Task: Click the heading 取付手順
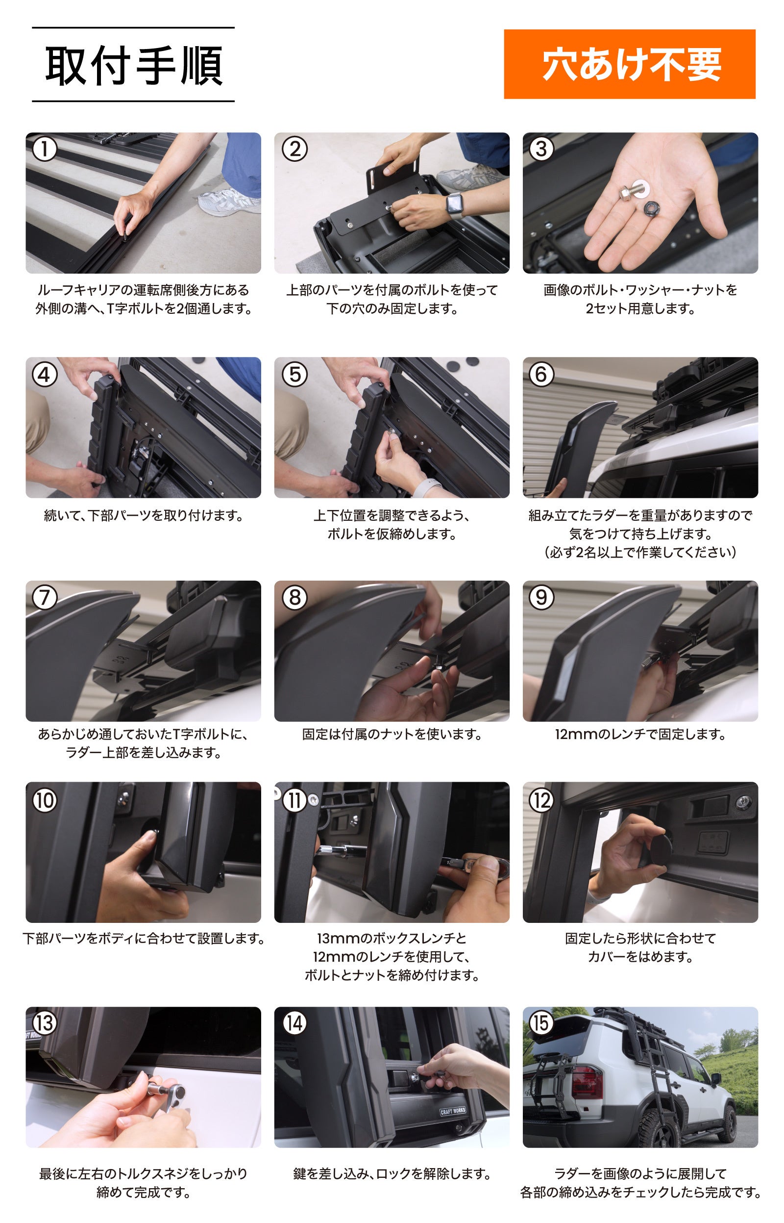pos(134,65)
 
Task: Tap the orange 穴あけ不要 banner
pos(629,64)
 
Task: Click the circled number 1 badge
pos(44,149)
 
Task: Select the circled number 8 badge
pos(295,597)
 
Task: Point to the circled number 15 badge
pos(541,1023)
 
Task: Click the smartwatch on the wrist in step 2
pos(455,206)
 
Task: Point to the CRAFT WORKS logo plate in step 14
pos(453,1111)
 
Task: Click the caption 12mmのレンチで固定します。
pos(640,734)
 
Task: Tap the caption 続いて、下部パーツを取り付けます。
pos(143,515)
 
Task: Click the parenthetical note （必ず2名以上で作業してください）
pos(640,552)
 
